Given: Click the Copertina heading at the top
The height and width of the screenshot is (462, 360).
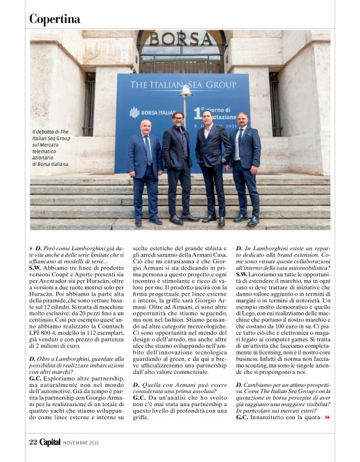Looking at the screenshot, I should (55, 19).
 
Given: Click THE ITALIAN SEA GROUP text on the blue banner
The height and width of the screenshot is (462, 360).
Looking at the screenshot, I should (182, 84).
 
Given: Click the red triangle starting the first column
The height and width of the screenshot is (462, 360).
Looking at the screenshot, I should (32, 248).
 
